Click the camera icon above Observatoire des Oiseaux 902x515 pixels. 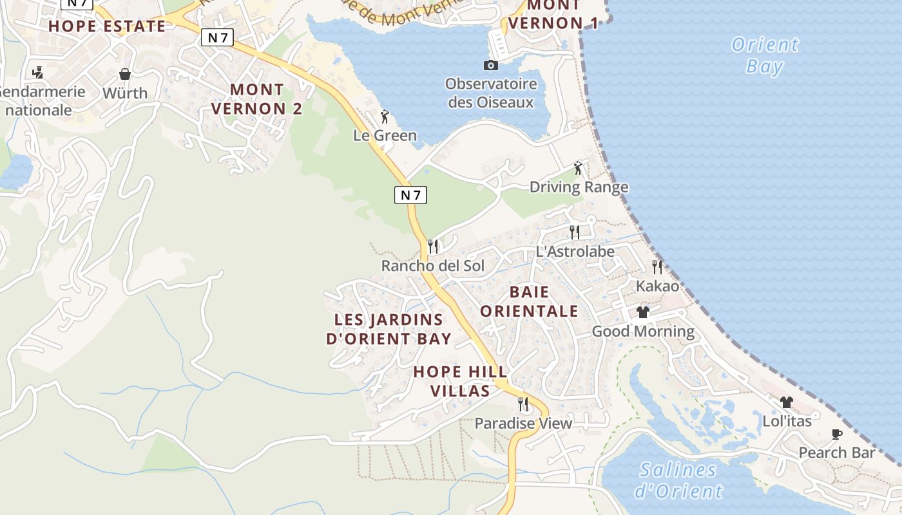pos(491,65)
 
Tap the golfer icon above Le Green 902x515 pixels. pos(385,117)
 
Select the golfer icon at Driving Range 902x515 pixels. pos(578,168)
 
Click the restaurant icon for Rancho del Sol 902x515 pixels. pos(433,247)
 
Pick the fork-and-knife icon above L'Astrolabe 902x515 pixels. pos(575,232)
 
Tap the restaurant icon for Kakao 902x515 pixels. pos(657,267)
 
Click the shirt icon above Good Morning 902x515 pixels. pos(643,312)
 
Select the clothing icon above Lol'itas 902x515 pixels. pos(786,402)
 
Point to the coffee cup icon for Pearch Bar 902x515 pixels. pos(836,434)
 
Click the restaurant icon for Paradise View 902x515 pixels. pos(523,404)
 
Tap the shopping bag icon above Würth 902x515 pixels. pos(125,74)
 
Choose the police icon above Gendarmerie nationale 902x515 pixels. pos(38,72)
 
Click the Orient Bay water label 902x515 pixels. pos(765,55)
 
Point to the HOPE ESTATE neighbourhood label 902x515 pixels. pos(107,26)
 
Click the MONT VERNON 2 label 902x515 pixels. pos(256,98)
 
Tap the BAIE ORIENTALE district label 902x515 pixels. pos(529,301)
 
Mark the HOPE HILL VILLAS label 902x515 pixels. pos(460,381)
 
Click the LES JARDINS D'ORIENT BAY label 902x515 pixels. pos(389,329)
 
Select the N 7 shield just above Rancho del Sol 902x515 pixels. pos(410,195)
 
